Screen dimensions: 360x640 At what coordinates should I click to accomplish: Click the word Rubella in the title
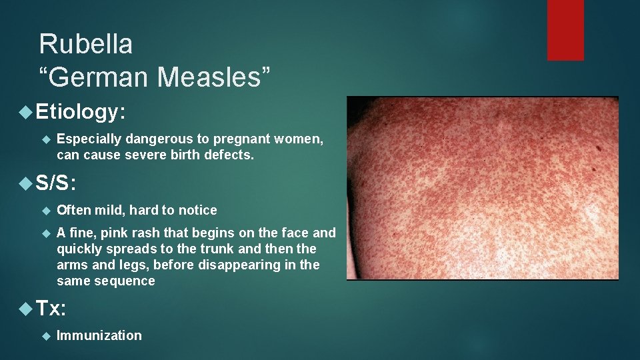click(x=86, y=45)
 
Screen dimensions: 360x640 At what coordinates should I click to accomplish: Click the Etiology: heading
click(x=81, y=112)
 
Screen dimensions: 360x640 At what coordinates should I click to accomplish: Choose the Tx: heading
click(x=51, y=309)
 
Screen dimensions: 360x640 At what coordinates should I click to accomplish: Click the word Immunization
click(x=99, y=335)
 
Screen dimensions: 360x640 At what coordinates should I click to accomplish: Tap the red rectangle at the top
click(x=565, y=30)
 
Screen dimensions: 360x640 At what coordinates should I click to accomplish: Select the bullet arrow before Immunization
click(x=46, y=335)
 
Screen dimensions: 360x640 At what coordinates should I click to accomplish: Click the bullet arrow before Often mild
click(x=46, y=210)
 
